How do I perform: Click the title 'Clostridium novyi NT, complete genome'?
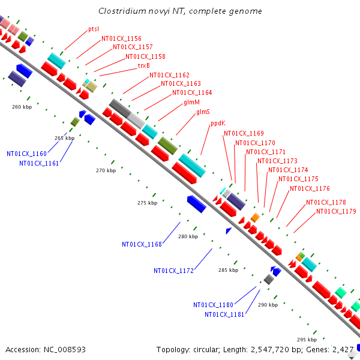pos(180,11)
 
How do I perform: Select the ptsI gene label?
pos(94,29)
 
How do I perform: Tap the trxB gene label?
pos(144,65)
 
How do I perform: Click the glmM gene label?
pos(192,102)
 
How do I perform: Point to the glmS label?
pos(203,112)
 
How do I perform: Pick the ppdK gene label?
pos(218,124)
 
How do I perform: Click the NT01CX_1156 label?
pos(121,38)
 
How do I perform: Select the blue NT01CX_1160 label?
pos(26,154)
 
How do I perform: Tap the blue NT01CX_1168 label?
pos(142,244)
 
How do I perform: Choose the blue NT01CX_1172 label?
pos(174,271)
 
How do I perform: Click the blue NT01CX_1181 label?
pos(224,314)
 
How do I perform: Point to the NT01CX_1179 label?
pos(337,211)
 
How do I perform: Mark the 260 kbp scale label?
pos(22,107)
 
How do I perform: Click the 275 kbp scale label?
pos(148,203)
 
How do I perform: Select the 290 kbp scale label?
pos(268,305)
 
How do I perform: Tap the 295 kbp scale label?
pos(307,340)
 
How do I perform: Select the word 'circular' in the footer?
pos(206,350)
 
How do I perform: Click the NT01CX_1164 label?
pos(192,93)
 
